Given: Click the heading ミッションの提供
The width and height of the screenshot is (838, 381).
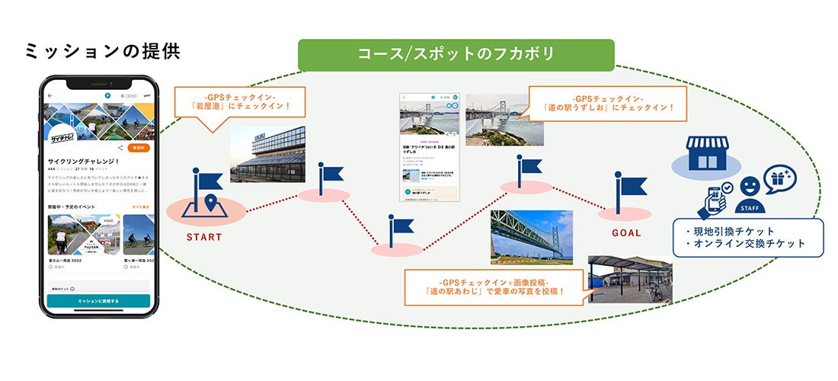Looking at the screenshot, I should [102, 51].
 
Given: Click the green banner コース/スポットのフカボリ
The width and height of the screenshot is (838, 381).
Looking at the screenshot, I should [456, 55].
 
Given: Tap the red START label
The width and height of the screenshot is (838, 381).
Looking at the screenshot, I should [205, 237].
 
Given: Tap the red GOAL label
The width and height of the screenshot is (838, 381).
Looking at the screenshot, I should [626, 233].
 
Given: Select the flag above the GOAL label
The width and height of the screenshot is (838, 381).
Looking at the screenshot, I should [629, 189].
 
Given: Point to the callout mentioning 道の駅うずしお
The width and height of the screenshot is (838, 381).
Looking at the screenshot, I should [606, 104].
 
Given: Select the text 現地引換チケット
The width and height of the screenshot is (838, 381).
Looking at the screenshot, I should [730, 231].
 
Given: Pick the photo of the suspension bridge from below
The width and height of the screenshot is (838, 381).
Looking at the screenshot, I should [533, 237].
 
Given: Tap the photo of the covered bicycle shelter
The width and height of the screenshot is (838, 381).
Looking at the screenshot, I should [630, 279].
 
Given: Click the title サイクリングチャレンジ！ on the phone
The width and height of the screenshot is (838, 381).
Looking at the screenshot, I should [85, 162].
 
